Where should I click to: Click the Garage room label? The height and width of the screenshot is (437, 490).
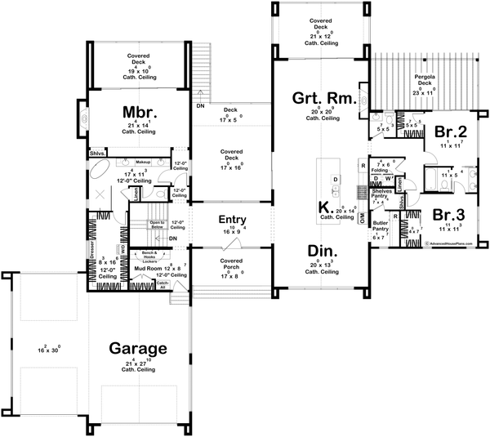[x=139, y=346]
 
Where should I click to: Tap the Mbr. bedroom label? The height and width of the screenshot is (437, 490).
[x=140, y=111]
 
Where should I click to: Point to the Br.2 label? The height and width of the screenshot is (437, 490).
[x=450, y=131]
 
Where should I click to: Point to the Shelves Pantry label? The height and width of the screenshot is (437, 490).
[x=381, y=194]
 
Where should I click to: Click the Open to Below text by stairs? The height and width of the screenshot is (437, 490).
[x=158, y=223]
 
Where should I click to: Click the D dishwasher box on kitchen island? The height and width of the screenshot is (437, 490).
[x=335, y=178]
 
